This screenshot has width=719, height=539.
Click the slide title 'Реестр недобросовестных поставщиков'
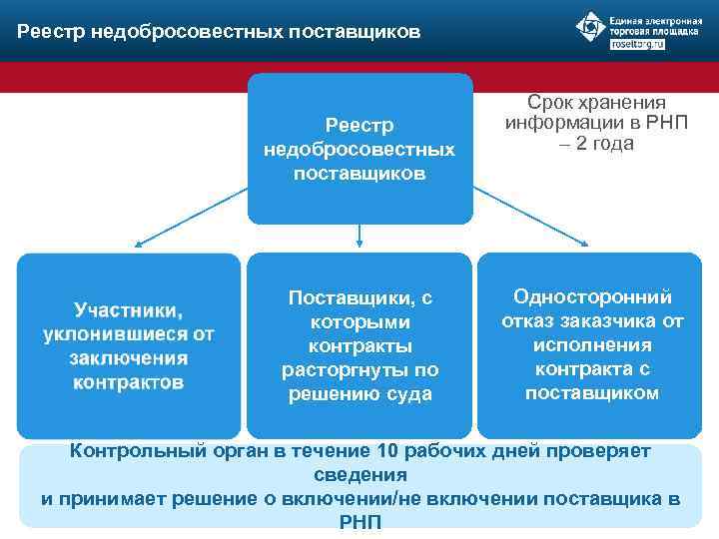point(219,32)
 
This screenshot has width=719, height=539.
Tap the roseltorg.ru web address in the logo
point(636,46)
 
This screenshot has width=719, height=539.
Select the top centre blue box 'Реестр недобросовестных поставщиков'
point(359,149)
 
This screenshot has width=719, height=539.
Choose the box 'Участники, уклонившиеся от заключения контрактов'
point(129,345)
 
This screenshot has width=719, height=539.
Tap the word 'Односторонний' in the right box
point(592,296)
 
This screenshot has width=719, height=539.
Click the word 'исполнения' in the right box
point(592,344)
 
